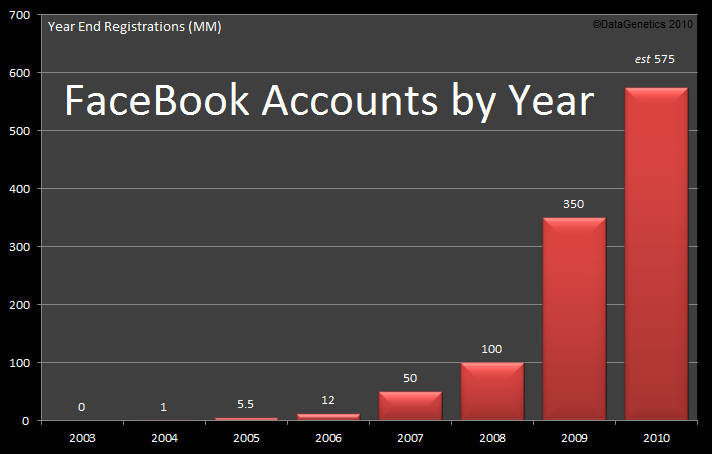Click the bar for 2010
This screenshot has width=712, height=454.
(656, 254)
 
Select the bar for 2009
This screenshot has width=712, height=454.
(574, 319)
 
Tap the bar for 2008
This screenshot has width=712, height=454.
(492, 391)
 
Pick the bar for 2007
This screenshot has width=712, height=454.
(410, 405)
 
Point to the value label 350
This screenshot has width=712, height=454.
(574, 204)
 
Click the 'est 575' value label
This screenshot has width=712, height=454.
(655, 60)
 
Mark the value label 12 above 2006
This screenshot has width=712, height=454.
(328, 401)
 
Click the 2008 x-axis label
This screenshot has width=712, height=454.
(492, 438)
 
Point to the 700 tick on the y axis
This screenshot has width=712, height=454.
(19, 16)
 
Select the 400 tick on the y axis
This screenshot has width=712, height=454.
(19, 189)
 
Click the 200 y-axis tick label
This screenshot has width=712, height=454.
(19, 305)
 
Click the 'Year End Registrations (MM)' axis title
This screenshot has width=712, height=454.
(135, 27)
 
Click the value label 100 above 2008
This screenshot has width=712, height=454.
(492, 349)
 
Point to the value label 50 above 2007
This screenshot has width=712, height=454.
(410, 378)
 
